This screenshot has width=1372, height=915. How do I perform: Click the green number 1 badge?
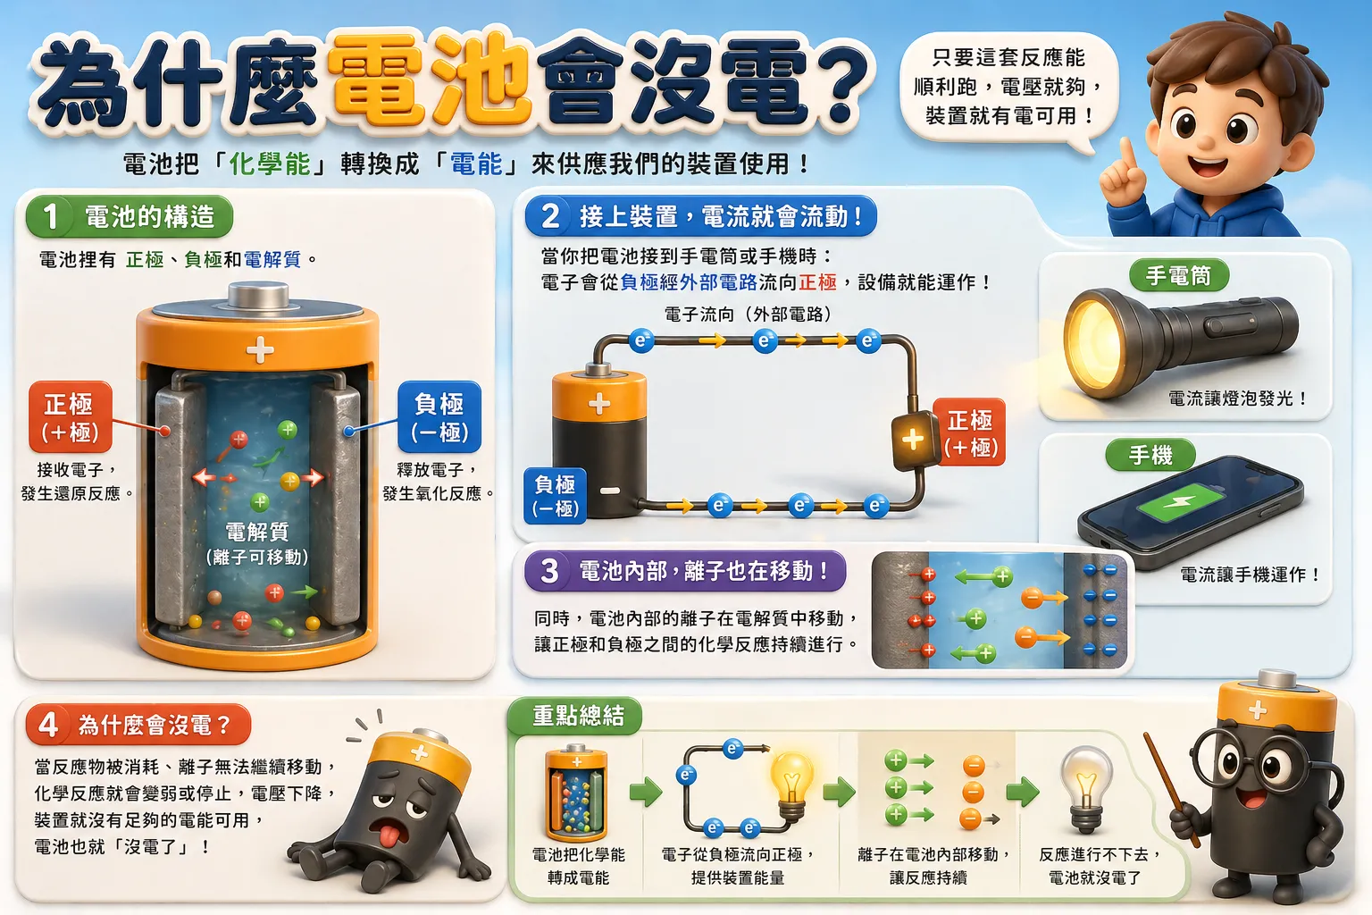coord(50,216)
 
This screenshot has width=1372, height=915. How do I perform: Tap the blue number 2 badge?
coord(549,215)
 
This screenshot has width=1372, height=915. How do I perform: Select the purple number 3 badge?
coord(548,571)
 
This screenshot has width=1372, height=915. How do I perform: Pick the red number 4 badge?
coord(48,725)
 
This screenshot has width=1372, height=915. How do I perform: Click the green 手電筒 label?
coord(1178,275)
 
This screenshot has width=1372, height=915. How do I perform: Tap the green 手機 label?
coord(1150,456)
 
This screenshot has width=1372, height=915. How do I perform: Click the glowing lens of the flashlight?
coord(1093,343)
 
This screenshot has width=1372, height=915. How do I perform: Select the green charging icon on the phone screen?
coord(1179,502)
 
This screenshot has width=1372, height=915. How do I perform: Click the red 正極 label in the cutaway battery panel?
coord(71,416)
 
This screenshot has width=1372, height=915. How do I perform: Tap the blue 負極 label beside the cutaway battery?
coord(439,416)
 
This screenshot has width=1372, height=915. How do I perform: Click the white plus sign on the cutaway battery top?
coord(260,350)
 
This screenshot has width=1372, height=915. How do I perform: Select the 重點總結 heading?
coord(578,715)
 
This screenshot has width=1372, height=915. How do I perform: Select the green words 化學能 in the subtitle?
coord(270,164)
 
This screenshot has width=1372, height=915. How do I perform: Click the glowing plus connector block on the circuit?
coord(913,440)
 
